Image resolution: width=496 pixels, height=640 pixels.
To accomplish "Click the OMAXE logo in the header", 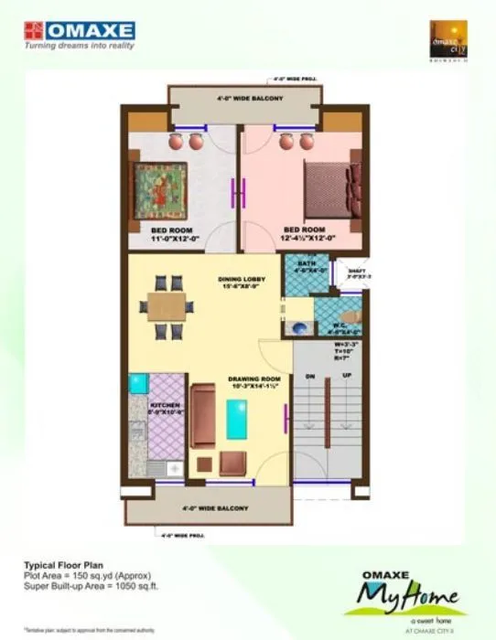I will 79,31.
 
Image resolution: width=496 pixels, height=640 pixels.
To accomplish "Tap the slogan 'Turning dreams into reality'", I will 79,45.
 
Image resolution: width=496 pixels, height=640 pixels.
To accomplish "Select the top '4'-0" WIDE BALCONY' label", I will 250,98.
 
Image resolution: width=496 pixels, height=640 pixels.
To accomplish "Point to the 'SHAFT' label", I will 350,271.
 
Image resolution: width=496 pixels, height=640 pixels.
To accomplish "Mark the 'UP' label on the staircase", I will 346,377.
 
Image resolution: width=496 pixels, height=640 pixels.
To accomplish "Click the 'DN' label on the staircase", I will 310,377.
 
